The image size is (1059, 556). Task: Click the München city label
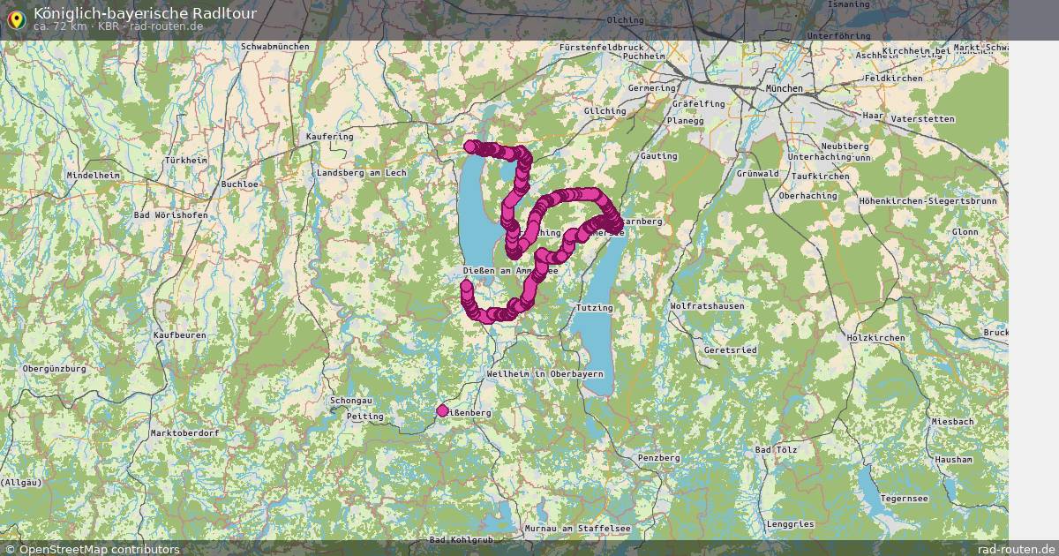tap(784, 89)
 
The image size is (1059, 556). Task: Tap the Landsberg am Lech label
tap(361, 173)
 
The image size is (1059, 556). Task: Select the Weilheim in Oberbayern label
tap(545, 374)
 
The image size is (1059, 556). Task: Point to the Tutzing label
tap(594, 307)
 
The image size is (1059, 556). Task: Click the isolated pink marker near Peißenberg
tap(442, 410)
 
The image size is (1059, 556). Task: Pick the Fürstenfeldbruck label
tap(603, 47)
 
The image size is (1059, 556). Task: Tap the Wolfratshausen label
tap(707, 306)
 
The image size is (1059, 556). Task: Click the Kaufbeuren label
tap(179, 335)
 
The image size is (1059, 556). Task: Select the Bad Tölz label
tap(776, 449)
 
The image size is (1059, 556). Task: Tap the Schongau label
tap(350, 401)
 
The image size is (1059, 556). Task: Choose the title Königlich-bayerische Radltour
tap(145, 13)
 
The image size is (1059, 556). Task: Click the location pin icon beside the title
tap(16, 18)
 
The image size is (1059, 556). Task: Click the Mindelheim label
tap(93, 176)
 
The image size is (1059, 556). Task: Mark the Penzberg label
tap(658, 458)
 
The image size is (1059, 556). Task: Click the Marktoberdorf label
tap(184, 433)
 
